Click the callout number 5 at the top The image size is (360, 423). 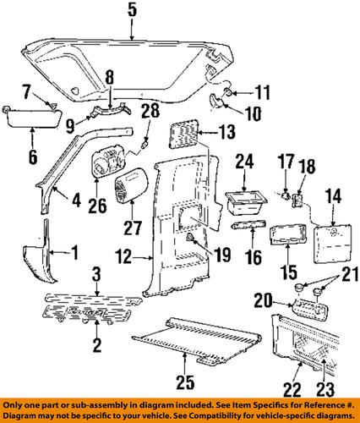tap(132, 11)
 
